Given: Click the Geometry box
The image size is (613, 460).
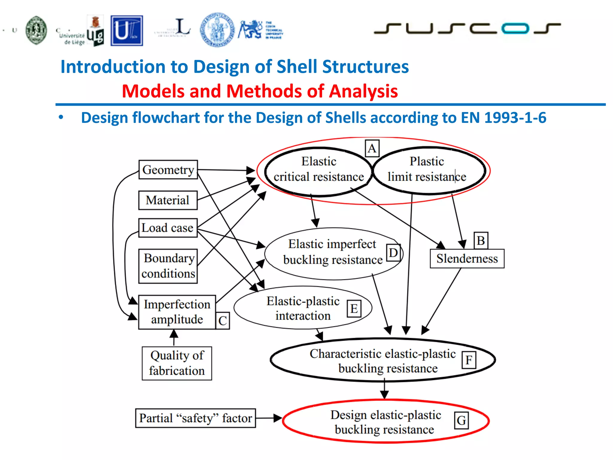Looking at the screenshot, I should tap(168, 170).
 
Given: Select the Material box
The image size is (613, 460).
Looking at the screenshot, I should tap(168, 200).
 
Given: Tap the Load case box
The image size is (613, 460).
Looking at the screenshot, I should tap(168, 228).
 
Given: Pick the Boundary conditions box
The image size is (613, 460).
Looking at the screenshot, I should tap(168, 266).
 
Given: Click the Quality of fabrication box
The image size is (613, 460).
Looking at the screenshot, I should tap(177, 363).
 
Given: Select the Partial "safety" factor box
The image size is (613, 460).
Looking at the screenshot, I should tap(195, 418).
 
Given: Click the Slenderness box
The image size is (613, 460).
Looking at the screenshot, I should tap(467, 258).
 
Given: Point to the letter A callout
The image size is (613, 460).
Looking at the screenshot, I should tap(372, 148).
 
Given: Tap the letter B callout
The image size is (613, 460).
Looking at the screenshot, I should tap(481, 240).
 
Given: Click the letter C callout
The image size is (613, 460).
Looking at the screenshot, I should tap(222, 321).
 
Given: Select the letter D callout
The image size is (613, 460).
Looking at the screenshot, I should tap(393, 253).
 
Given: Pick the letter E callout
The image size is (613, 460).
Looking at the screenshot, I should tap(354, 309).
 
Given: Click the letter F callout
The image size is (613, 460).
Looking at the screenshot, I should tap(469, 360).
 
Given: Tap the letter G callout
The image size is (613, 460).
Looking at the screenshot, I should tap(461, 420).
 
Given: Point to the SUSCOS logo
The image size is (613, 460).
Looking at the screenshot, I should tap(467, 28).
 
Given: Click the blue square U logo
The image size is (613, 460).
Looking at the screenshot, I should tap(127, 31).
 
